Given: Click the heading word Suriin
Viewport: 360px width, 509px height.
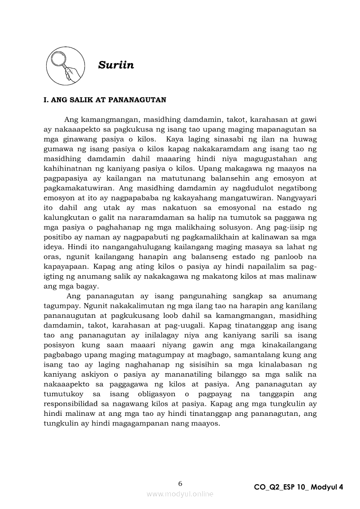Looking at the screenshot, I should click(x=116, y=65).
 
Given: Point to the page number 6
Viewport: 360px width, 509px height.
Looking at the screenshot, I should click(x=180, y=483).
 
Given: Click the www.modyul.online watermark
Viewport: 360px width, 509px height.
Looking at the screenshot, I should click(x=180, y=494).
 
